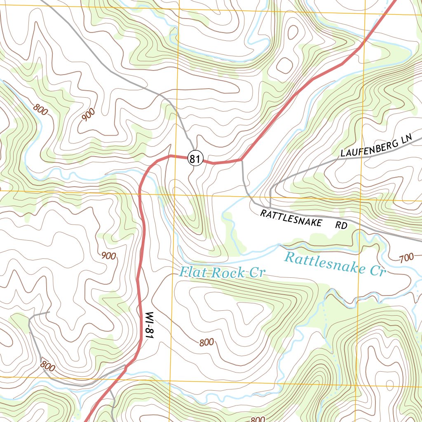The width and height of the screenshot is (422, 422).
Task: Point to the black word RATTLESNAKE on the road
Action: pos(291,218)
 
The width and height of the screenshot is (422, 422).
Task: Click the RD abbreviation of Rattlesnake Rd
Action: pos(341,225)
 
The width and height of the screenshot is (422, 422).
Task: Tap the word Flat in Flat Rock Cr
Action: pos(192,272)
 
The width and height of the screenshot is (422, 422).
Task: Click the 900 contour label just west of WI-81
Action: pos(108,256)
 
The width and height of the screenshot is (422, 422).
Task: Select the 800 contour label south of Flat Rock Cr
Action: pos(206,342)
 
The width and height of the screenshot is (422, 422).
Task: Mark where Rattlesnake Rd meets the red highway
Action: pos(241,160)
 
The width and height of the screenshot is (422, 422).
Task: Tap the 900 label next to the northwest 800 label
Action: pos(89,115)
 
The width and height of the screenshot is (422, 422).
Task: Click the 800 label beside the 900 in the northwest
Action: pos(41,109)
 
